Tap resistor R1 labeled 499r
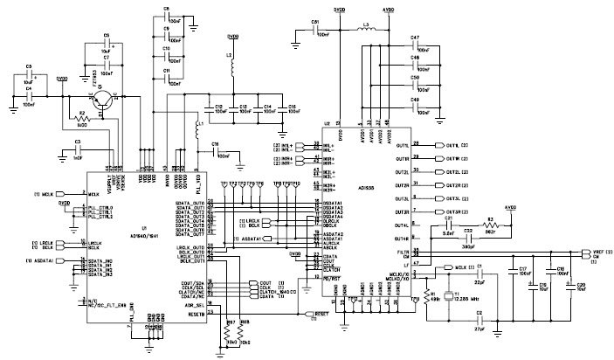(x=425, y=287)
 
